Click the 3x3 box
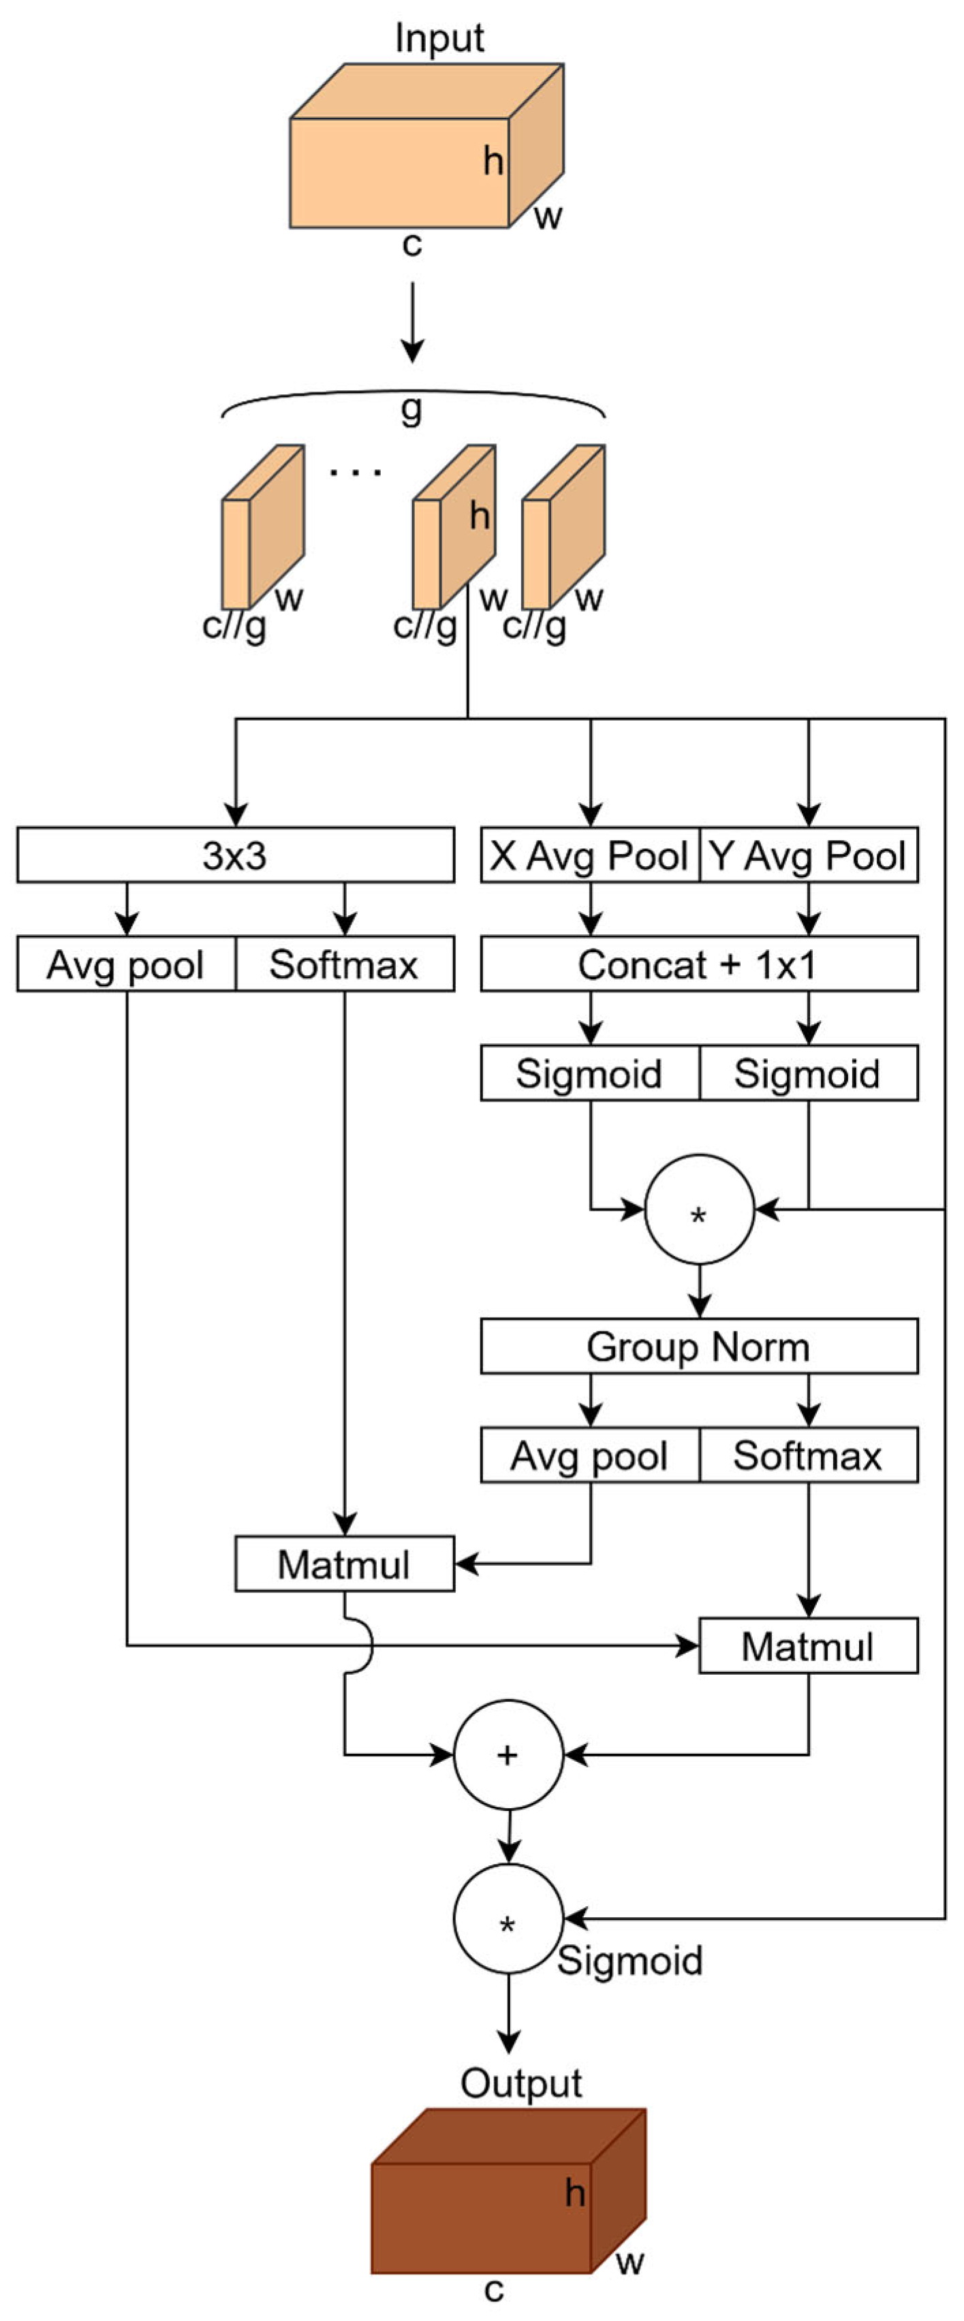tap(235, 854)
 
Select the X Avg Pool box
tap(589, 854)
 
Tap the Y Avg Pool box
tap(808, 854)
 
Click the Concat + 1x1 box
tap(699, 964)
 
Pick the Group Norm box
tap(699, 1346)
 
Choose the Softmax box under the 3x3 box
tap(344, 964)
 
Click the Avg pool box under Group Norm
tap(589, 1455)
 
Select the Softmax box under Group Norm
tap(808, 1455)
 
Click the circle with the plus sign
tap(508, 1754)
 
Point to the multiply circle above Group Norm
tap(699, 1209)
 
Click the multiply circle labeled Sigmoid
tap(508, 1919)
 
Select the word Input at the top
tap(439, 38)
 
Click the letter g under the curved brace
tap(411, 410)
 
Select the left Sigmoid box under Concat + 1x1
tap(589, 1073)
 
